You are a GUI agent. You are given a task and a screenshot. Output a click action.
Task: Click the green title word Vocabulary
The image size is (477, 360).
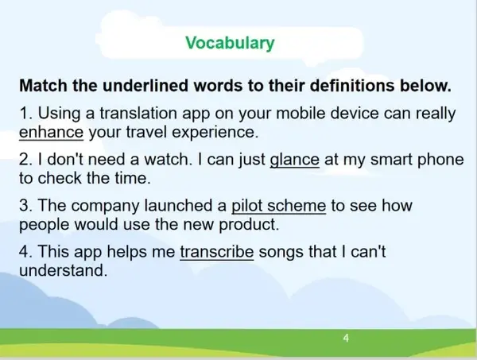click(x=230, y=43)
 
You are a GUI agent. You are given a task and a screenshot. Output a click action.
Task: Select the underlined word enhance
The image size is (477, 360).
click(x=51, y=132)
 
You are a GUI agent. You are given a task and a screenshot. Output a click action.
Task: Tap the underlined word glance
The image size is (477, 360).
click(x=294, y=161)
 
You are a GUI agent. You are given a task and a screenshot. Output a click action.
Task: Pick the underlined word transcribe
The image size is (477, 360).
click(x=216, y=252)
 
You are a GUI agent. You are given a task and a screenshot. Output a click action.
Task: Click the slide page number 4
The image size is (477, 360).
click(x=346, y=338)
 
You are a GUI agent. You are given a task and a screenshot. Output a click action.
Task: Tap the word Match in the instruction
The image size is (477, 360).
click(x=44, y=86)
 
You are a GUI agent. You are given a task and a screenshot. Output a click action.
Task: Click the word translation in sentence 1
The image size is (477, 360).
click(x=138, y=113)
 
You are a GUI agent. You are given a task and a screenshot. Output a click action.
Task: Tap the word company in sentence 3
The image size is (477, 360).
click(x=105, y=207)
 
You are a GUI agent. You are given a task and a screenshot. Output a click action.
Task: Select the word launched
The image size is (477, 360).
click(x=178, y=206)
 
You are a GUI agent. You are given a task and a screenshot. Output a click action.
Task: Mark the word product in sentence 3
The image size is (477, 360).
click(x=249, y=225)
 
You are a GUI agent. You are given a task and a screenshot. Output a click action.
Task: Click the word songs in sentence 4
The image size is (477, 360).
click(x=281, y=253)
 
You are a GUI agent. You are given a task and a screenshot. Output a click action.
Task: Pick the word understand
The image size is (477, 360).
click(x=63, y=270)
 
